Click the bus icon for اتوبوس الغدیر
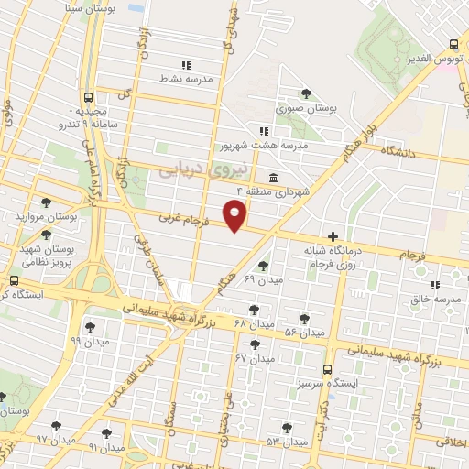tap(454, 44)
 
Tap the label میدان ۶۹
tap(263, 278)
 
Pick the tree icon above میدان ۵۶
tap(303, 318)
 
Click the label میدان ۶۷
tap(255, 358)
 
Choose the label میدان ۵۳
tap(286, 442)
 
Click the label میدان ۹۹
tap(89, 340)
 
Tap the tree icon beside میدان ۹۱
tap(107, 432)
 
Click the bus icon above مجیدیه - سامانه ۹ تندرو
tap(88, 96)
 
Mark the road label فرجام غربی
tap(186, 220)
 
